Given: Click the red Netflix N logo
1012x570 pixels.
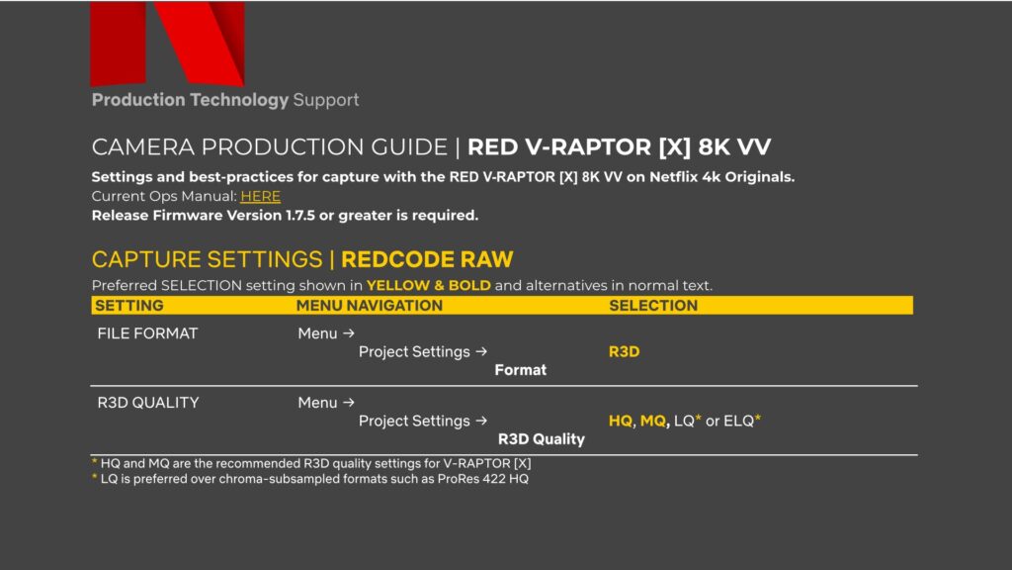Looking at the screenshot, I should pyautogui.click(x=166, y=44).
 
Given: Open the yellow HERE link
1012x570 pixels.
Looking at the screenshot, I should pyautogui.click(x=260, y=196).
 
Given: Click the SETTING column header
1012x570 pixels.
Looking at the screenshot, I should pyautogui.click(x=129, y=306).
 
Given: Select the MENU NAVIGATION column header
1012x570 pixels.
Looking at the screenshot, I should pyautogui.click(x=370, y=306).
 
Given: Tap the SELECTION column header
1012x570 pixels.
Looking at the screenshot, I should pyautogui.click(x=653, y=306).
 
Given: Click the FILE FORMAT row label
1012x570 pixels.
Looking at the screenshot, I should pyautogui.click(x=147, y=333).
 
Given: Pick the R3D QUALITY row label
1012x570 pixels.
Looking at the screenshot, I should pyautogui.click(x=147, y=403).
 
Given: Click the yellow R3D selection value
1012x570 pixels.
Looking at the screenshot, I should pyautogui.click(x=624, y=351).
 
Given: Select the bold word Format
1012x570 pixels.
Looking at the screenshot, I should pyautogui.click(x=520, y=370).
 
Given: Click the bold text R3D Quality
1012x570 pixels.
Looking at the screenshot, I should pyautogui.click(x=541, y=438).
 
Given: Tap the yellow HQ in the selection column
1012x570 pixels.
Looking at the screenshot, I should pyautogui.click(x=620, y=421).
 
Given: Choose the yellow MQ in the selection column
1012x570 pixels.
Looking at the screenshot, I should pyautogui.click(x=653, y=421).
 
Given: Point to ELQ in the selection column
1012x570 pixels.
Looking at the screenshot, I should pyautogui.click(x=738, y=421).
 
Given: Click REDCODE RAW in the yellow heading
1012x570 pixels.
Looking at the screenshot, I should pyautogui.click(x=427, y=260).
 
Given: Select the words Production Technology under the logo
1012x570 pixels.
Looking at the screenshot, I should pyautogui.click(x=190, y=100).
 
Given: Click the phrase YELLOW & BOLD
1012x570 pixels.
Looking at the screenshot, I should pyautogui.click(x=428, y=286).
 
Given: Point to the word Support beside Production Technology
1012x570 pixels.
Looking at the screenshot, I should pyautogui.click(x=326, y=100).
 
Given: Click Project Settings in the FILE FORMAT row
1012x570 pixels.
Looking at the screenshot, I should pyautogui.click(x=415, y=351).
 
